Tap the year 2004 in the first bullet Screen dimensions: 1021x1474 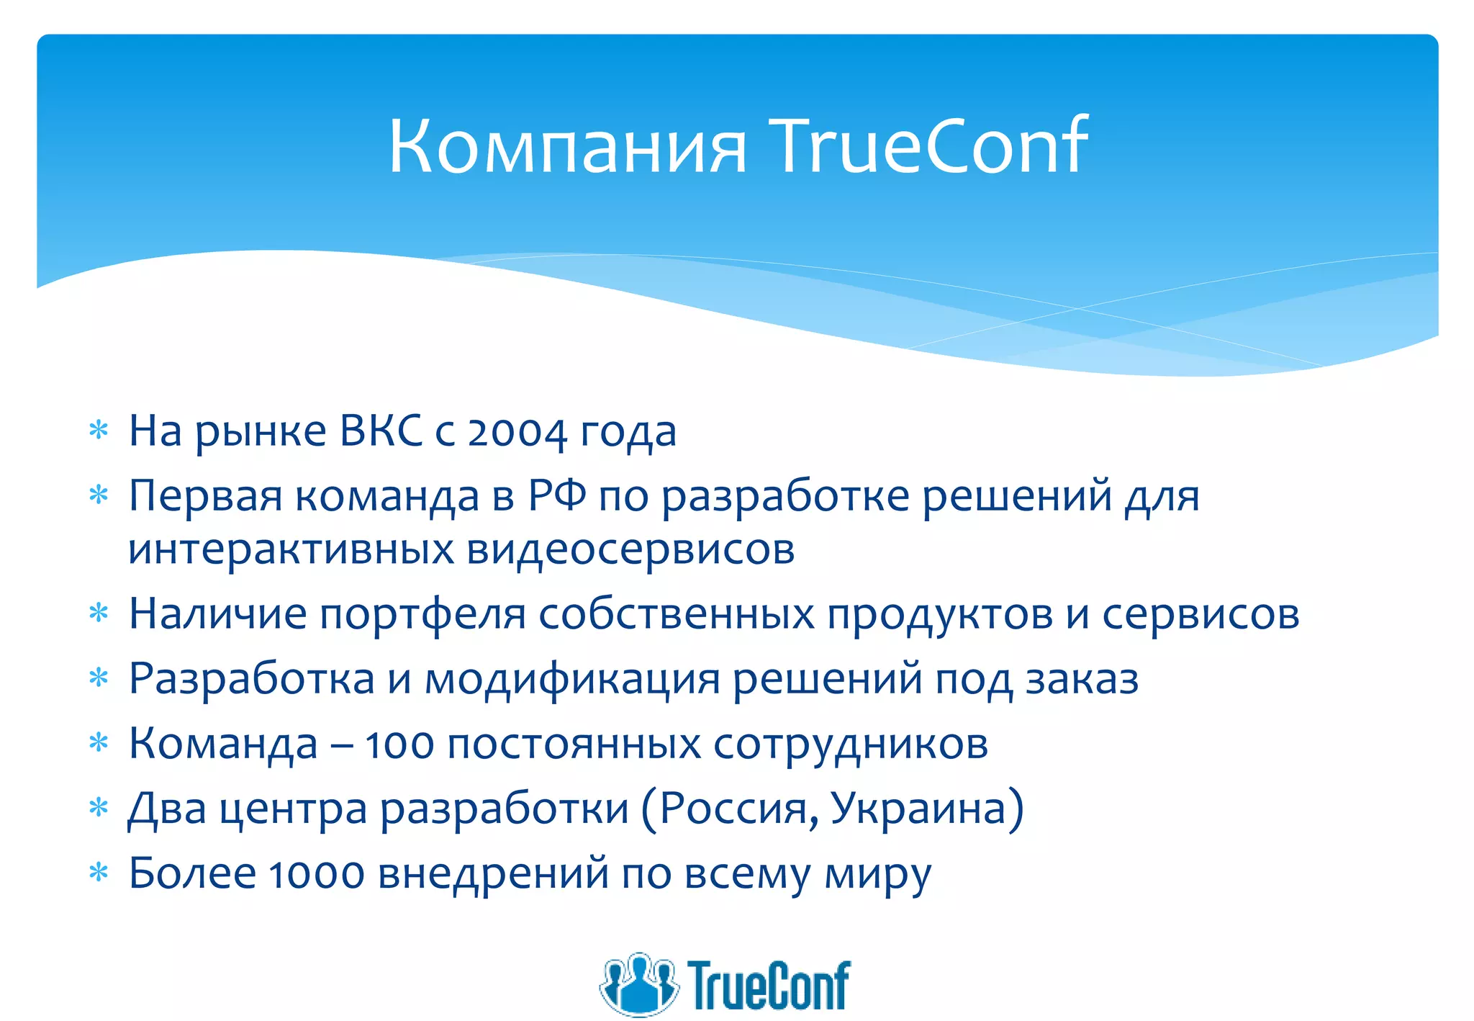[517, 433]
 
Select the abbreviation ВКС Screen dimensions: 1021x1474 [381, 431]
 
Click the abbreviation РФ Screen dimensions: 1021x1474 [556, 496]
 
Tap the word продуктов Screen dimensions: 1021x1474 [940, 615]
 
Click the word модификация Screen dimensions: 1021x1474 [572, 679]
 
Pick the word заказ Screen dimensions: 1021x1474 [1082, 679]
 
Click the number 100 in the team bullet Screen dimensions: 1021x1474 [399, 745]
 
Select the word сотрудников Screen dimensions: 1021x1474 [850, 745]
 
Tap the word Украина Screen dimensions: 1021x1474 [918, 809]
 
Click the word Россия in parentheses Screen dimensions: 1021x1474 [738, 809]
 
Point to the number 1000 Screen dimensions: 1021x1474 [316, 874]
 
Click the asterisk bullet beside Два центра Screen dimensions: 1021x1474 [98, 808]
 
